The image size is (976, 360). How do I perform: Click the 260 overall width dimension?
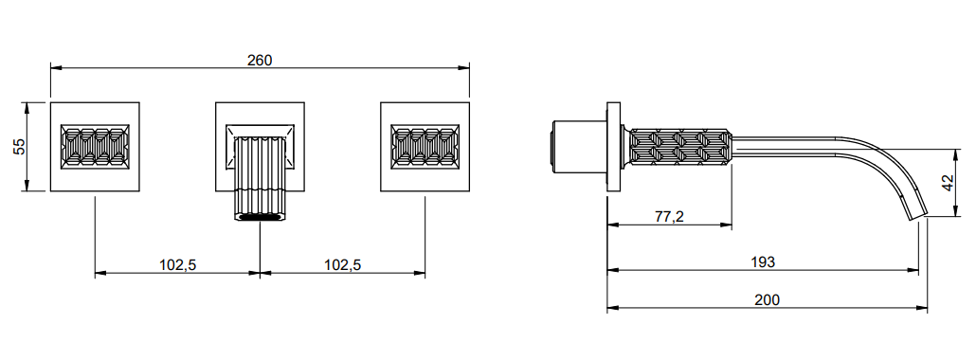click(x=260, y=60)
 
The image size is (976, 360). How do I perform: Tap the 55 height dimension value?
click(x=19, y=146)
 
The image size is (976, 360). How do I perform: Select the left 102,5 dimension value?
click(x=177, y=264)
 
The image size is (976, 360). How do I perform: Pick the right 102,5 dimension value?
click(x=342, y=264)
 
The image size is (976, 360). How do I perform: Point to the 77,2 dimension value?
click(x=669, y=217)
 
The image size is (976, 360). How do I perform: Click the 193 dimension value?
click(x=763, y=262)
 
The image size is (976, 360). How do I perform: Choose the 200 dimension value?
click(x=767, y=299)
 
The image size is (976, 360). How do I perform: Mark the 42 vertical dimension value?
click(x=948, y=183)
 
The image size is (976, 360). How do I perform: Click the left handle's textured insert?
click(x=96, y=146)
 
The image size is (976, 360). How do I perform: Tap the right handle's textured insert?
click(x=425, y=146)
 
